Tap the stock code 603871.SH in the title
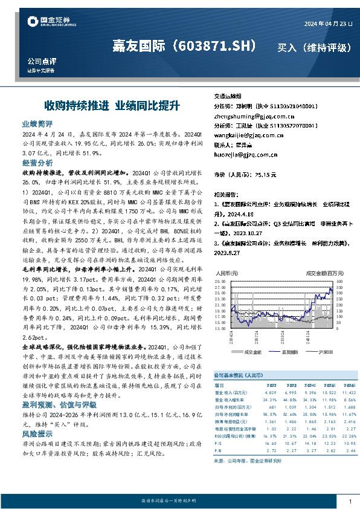click(220, 46)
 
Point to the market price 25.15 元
click(263, 175)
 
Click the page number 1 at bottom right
click(350, 502)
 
